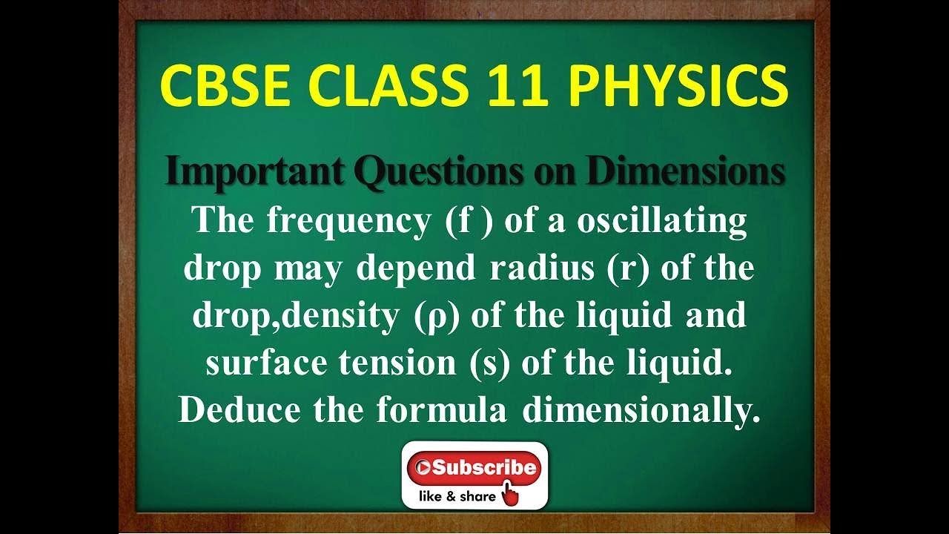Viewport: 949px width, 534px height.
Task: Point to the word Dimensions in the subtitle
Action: coord(686,171)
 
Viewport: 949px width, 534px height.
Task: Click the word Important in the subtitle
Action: coord(254,171)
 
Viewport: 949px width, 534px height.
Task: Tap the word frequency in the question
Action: coord(344,222)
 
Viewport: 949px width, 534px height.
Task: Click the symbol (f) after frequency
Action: coord(469,222)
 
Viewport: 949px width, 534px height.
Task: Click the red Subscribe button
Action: coord(474,468)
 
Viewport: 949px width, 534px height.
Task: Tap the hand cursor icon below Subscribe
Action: coord(510,494)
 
